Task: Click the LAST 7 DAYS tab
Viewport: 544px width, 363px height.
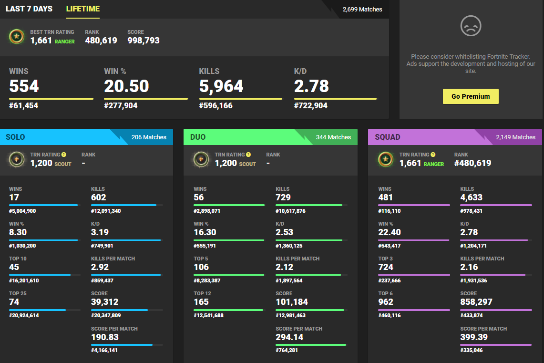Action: point(29,9)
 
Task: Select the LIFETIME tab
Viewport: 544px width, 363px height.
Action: point(83,9)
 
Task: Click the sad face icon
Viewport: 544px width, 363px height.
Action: point(471,25)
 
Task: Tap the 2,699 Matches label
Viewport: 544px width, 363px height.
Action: point(362,9)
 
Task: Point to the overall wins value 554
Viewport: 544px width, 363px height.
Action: point(24,86)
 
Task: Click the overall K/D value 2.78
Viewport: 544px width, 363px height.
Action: point(311,86)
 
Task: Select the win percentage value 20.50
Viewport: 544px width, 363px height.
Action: point(126,86)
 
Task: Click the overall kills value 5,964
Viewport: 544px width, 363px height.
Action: point(221,86)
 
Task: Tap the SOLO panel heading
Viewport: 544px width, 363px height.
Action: point(15,137)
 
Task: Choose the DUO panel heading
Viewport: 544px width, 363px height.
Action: point(198,137)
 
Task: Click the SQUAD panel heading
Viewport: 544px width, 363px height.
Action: point(388,137)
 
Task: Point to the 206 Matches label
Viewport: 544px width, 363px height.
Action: point(149,137)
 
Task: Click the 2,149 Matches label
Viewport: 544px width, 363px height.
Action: point(515,137)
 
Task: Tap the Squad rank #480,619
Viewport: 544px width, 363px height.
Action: point(472,163)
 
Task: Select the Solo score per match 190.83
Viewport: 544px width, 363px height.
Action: point(105,337)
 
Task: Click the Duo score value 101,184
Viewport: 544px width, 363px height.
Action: point(292,302)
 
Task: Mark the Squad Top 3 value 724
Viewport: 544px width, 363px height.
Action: point(386,267)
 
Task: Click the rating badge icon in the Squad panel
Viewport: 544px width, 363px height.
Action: point(386,159)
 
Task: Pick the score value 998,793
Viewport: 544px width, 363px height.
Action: point(144,41)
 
